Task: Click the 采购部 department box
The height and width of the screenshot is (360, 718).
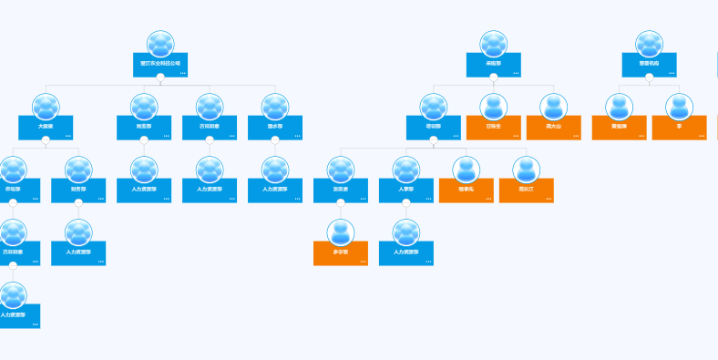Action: point(493,65)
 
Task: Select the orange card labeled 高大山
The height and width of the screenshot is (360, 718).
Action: point(553,128)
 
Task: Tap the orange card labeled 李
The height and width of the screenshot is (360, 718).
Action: point(679,128)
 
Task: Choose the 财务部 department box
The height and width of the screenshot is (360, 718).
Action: point(78,190)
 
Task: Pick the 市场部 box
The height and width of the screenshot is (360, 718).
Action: point(15,190)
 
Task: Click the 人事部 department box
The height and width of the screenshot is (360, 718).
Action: point(405,190)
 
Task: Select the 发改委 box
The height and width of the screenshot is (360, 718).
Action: point(340,190)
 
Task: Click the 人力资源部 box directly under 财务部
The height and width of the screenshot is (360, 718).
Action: point(78,253)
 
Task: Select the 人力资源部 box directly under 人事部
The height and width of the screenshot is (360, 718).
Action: point(405,253)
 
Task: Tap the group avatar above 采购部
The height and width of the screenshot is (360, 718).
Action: point(493,43)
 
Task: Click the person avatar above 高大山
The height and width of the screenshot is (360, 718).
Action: point(553,106)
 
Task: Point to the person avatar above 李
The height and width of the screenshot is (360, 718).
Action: point(679,106)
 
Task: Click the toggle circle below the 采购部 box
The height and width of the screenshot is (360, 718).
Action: point(493,77)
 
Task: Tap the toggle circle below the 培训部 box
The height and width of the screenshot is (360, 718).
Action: point(433,140)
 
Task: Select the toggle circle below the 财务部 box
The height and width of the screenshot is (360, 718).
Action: point(78,203)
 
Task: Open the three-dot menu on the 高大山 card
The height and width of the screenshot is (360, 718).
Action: point(575,136)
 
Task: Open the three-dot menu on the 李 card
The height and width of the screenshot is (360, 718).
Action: point(701,136)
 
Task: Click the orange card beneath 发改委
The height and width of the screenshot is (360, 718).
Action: point(340,253)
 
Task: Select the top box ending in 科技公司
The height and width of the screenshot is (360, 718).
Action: point(160,65)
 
